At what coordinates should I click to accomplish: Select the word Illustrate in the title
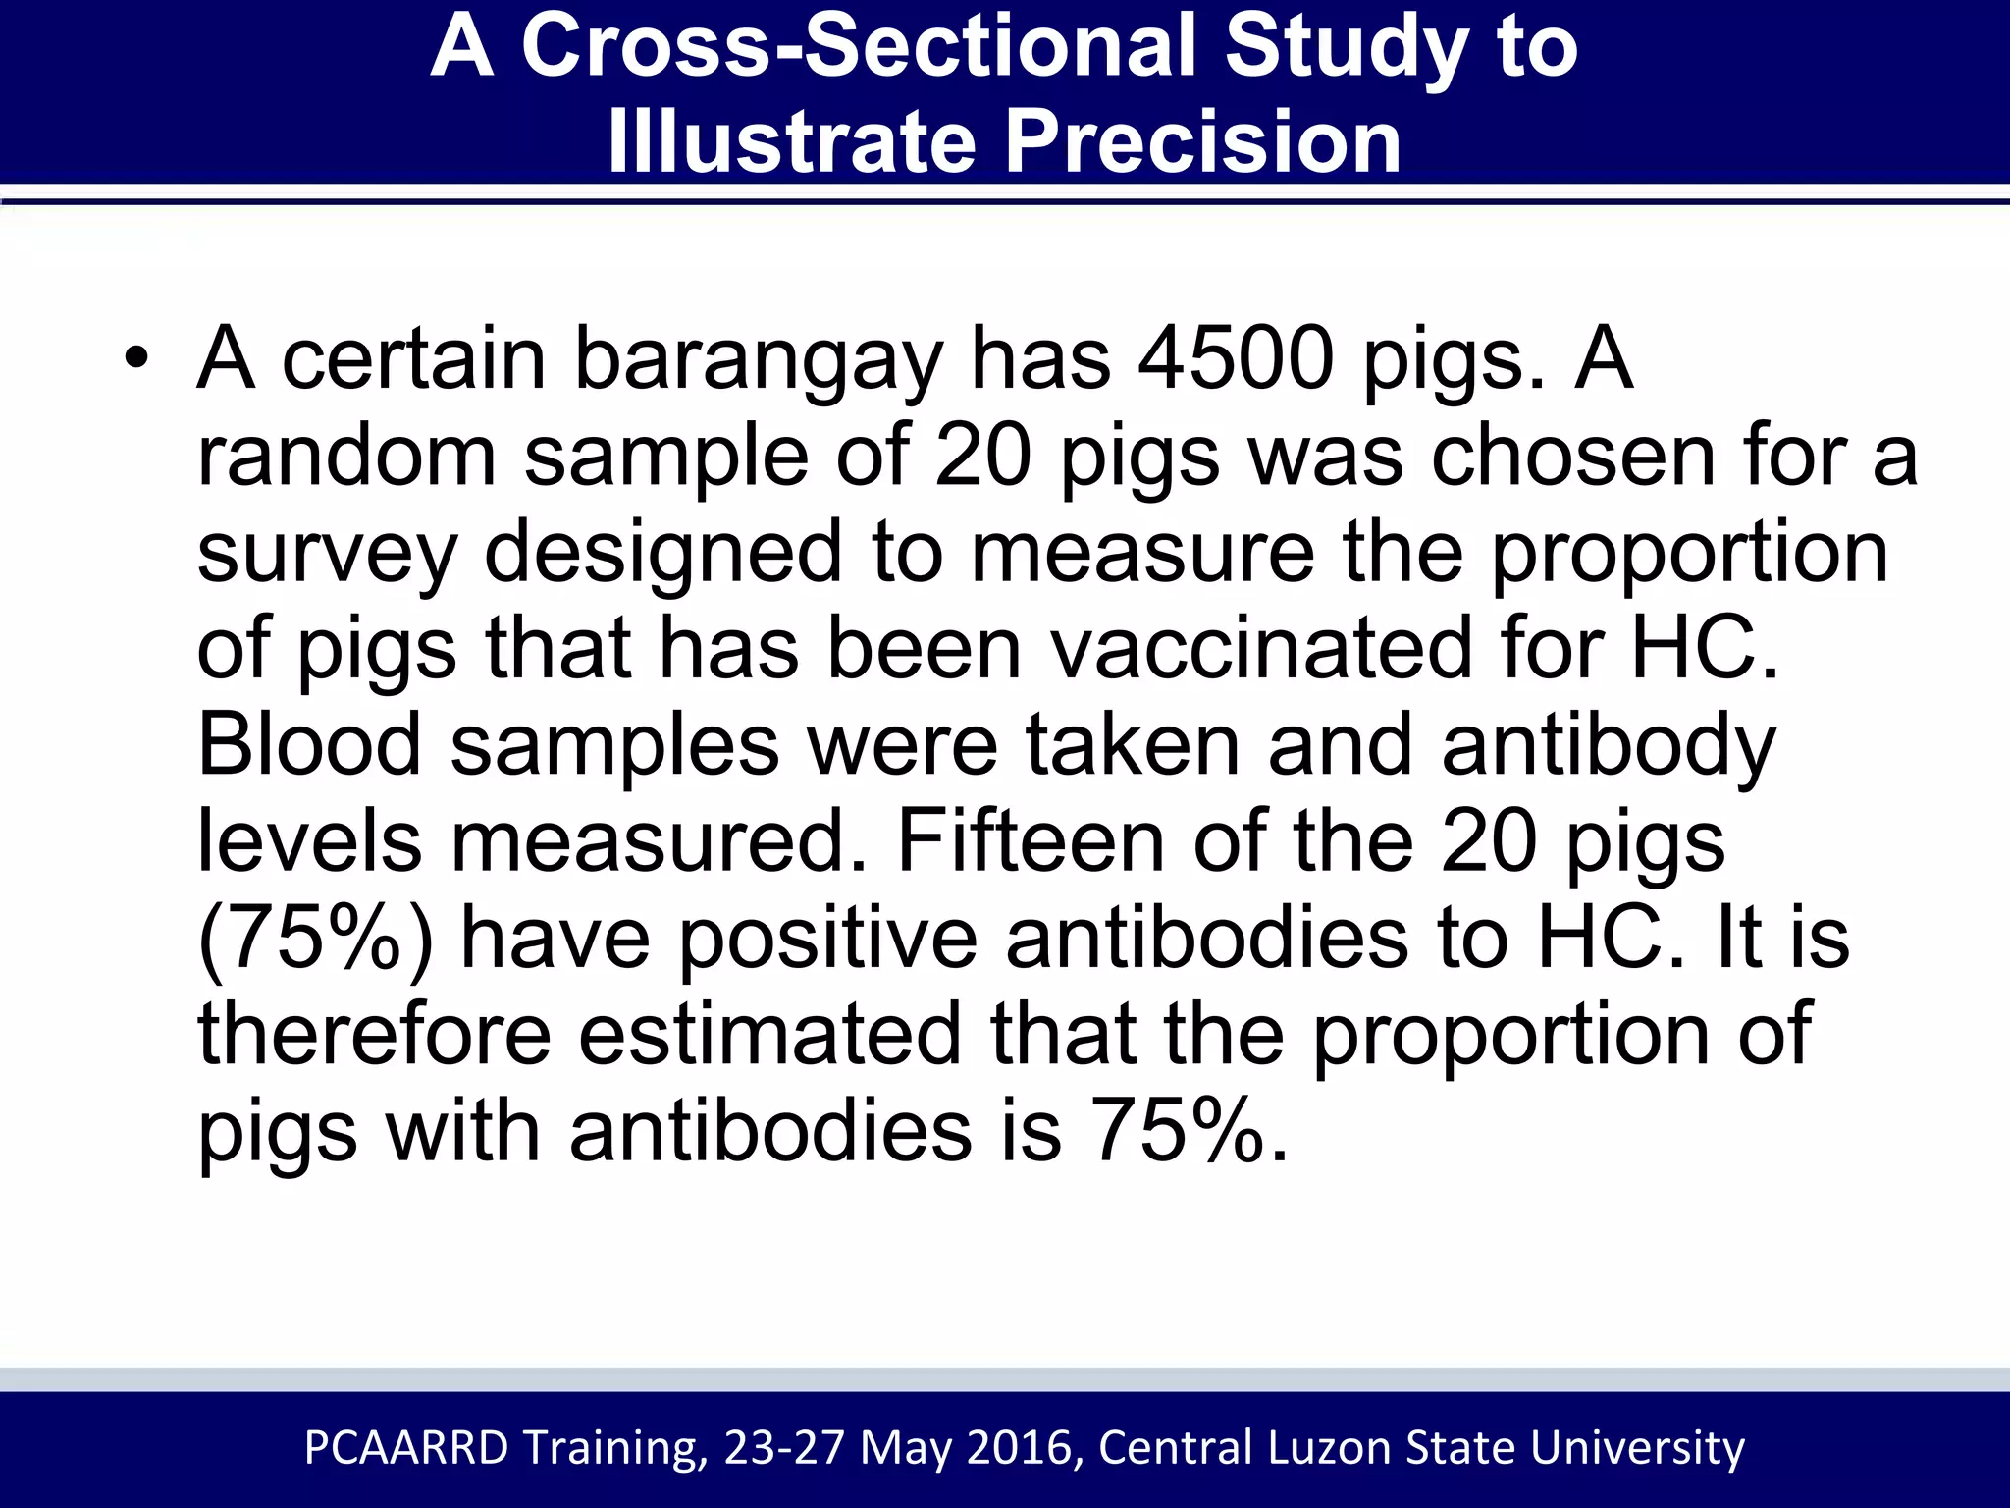coord(791,142)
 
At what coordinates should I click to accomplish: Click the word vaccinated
coord(1261,648)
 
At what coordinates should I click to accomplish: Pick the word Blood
coord(309,744)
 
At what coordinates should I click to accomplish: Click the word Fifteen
coord(1030,840)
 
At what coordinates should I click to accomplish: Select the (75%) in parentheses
coord(315,939)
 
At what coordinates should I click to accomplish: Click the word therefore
coord(374,1033)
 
